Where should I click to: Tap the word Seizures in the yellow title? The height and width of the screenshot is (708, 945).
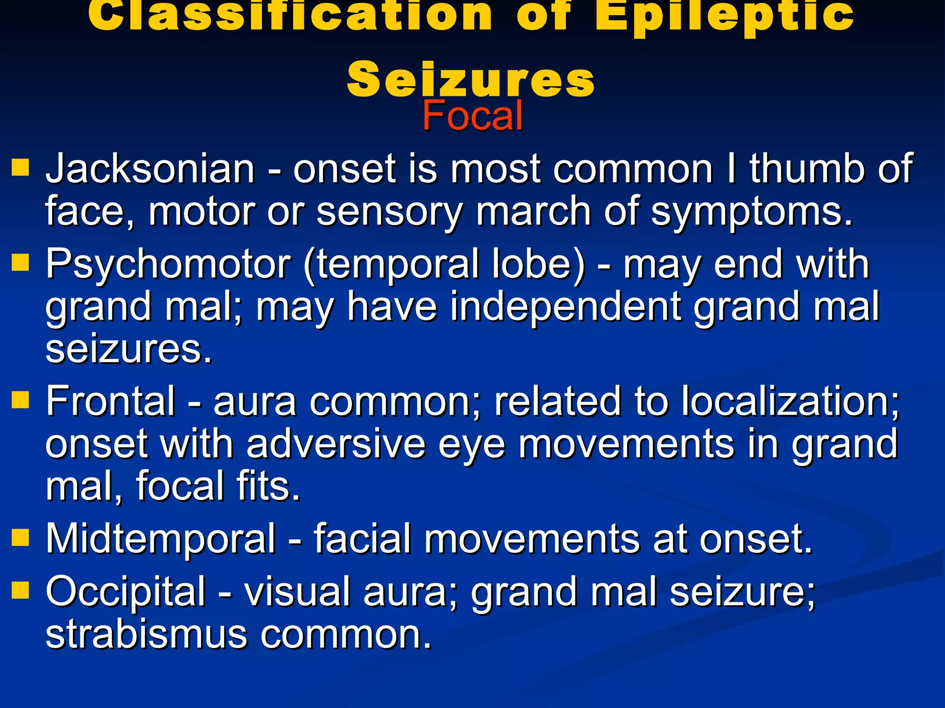point(471,79)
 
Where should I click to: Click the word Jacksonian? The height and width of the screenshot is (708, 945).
point(150,169)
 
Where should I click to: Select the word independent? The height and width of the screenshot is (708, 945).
point(566,307)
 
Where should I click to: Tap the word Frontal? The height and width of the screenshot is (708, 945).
point(111,401)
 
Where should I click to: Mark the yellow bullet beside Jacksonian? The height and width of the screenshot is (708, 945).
point(20,168)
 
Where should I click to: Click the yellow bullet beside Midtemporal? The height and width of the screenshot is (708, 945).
point(20,537)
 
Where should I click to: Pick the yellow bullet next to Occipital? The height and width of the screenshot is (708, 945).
point(20,590)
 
